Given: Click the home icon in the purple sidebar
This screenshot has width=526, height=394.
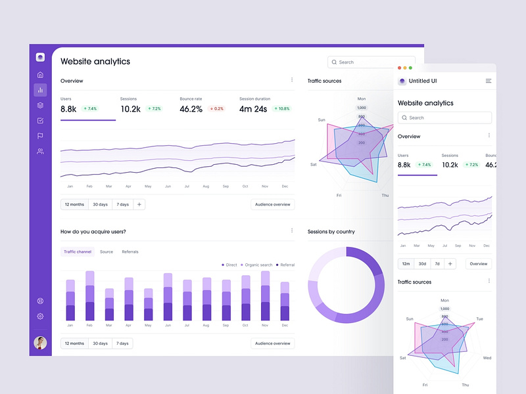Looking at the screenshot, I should point(40,75).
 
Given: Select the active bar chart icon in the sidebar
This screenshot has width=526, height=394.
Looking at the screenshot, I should point(40,90).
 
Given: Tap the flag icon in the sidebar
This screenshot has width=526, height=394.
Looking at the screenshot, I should point(40,136).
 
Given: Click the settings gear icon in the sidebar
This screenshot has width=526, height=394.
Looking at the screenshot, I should point(40,317).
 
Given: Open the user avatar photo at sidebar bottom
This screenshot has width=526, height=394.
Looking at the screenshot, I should point(40,343).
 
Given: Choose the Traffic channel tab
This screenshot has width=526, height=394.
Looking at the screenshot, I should point(78,252).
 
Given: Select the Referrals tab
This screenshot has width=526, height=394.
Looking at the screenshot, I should point(130,252).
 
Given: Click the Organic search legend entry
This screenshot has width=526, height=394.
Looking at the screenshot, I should point(257,265).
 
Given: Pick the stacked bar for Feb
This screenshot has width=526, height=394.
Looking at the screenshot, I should point(90,295).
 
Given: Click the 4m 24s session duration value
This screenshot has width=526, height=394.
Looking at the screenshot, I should point(253,109).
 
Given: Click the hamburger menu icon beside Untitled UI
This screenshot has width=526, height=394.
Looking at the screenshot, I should point(489,81).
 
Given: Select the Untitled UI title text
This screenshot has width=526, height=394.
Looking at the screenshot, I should point(423,81).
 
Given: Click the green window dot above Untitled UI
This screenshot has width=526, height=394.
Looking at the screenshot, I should point(411,68).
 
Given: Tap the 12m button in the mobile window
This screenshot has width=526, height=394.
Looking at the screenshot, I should point(406,263).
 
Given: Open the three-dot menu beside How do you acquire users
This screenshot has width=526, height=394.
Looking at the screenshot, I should point(292,230).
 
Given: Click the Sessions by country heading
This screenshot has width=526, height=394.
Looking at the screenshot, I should point(331,231).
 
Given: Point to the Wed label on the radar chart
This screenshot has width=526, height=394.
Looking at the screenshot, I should point(487,358).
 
